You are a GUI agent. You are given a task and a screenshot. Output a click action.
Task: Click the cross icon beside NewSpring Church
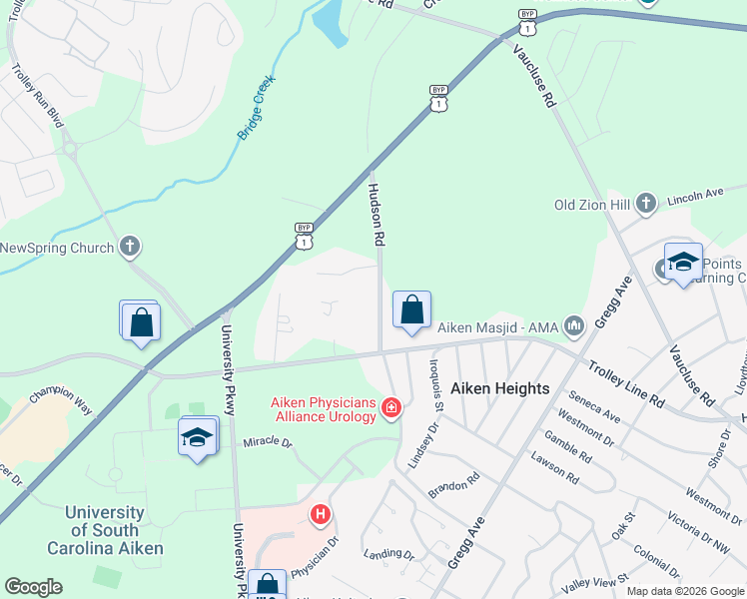click(129, 247)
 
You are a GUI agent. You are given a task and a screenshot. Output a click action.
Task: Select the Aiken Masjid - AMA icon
click(574, 325)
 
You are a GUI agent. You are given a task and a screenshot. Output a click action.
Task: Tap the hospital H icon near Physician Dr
click(320, 515)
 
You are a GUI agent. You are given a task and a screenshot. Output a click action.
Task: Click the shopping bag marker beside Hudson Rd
click(411, 311)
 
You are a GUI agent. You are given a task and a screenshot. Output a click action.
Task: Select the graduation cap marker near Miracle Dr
click(198, 437)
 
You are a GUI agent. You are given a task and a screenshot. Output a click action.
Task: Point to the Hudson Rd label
click(376, 214)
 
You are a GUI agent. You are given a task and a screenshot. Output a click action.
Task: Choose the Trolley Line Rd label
click(626, 383)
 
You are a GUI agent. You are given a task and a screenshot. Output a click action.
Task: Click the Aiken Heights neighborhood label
click(500, 388)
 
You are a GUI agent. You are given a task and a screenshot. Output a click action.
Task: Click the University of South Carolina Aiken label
click(105, 530)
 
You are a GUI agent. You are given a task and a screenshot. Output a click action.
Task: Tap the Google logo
click(33, 587)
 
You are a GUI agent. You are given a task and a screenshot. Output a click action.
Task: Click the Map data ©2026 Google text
click(684, 591)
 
